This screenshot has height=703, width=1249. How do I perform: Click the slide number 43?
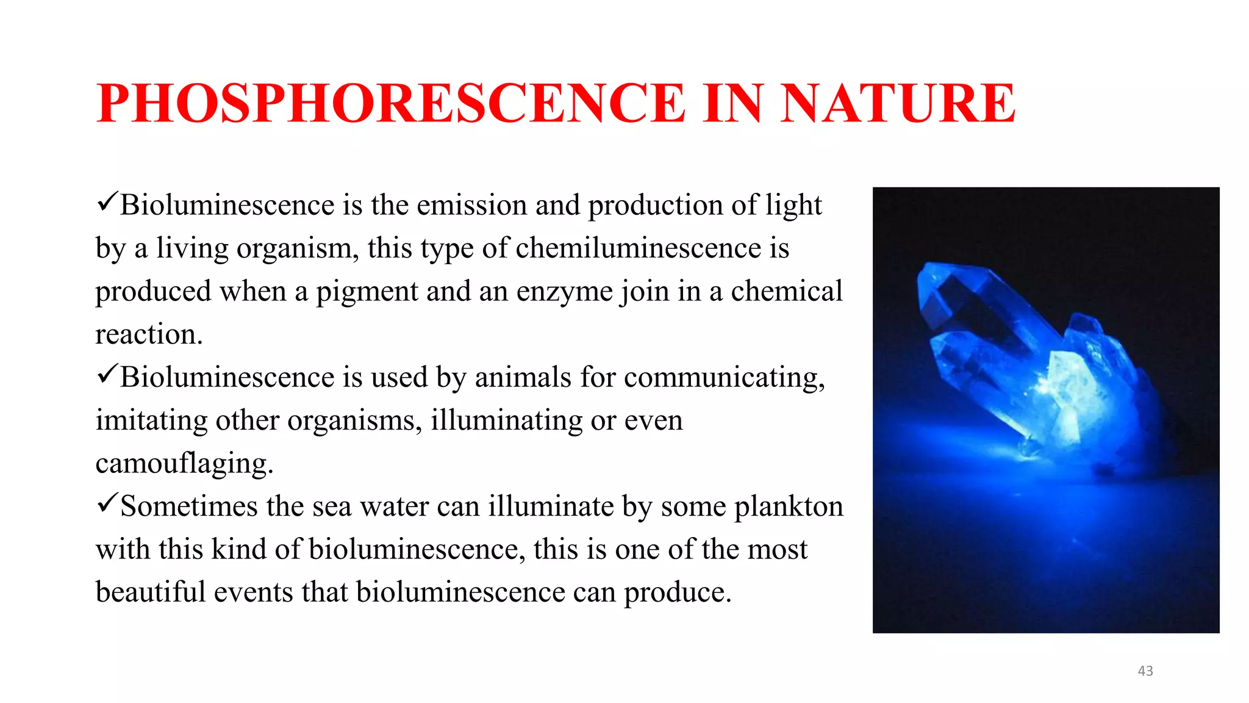click(x=1145, y=671)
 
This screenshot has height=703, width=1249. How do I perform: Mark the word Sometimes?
click(x=188, y=507)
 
